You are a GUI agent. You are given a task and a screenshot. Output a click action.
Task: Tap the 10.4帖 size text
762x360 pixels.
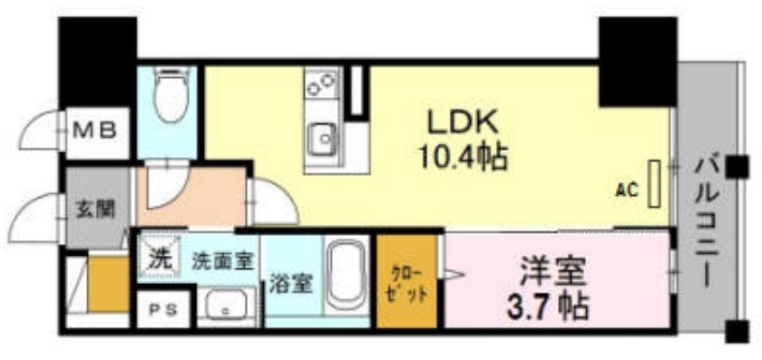[463, 159]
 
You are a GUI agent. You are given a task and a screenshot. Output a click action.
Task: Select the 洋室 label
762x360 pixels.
[553, 270]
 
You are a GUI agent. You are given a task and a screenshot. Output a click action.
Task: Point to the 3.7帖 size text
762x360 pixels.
[553, 304]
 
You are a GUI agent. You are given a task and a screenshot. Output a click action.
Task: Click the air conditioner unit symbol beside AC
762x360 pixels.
[655, 183]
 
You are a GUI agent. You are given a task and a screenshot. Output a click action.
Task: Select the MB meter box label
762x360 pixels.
[94, 131]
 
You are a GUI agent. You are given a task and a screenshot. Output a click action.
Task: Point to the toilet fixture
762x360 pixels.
[170, 98]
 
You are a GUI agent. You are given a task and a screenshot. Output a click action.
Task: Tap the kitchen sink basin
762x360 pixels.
[321, 139]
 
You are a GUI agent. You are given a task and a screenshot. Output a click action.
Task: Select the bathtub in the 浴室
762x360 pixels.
[346, 277]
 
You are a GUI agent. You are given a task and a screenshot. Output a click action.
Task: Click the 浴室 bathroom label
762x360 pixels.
[291, 283]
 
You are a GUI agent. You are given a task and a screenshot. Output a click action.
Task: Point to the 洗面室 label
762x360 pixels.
[222, 260]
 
